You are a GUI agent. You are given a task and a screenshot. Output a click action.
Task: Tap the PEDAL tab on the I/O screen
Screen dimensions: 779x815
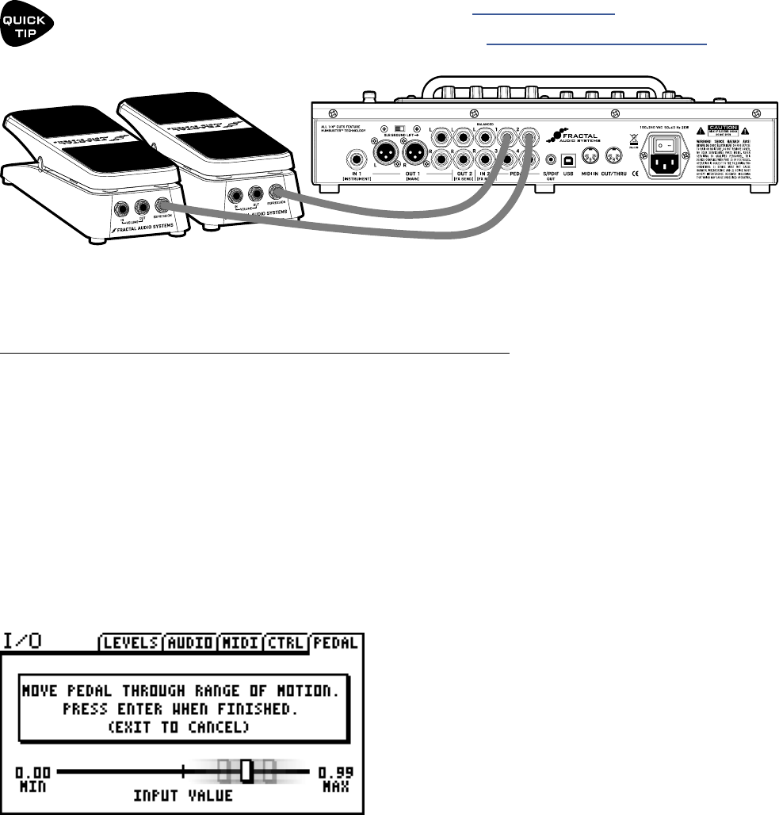pos(338,642)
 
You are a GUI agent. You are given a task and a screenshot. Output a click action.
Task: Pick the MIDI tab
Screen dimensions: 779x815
pos(239,642)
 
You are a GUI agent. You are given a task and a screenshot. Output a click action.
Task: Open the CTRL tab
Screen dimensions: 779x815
pos(285,642)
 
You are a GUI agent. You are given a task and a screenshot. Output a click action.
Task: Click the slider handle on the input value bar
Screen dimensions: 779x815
pos(246,771)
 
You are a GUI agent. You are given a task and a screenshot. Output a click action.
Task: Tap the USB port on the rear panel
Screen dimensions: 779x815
pos(568,158)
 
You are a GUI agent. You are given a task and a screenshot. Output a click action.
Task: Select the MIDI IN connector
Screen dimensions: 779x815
pos(590,156)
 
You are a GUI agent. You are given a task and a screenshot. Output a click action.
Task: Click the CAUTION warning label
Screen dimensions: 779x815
pos(723,128)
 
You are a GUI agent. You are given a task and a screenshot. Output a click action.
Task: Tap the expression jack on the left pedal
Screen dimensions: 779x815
pos(162,209)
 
